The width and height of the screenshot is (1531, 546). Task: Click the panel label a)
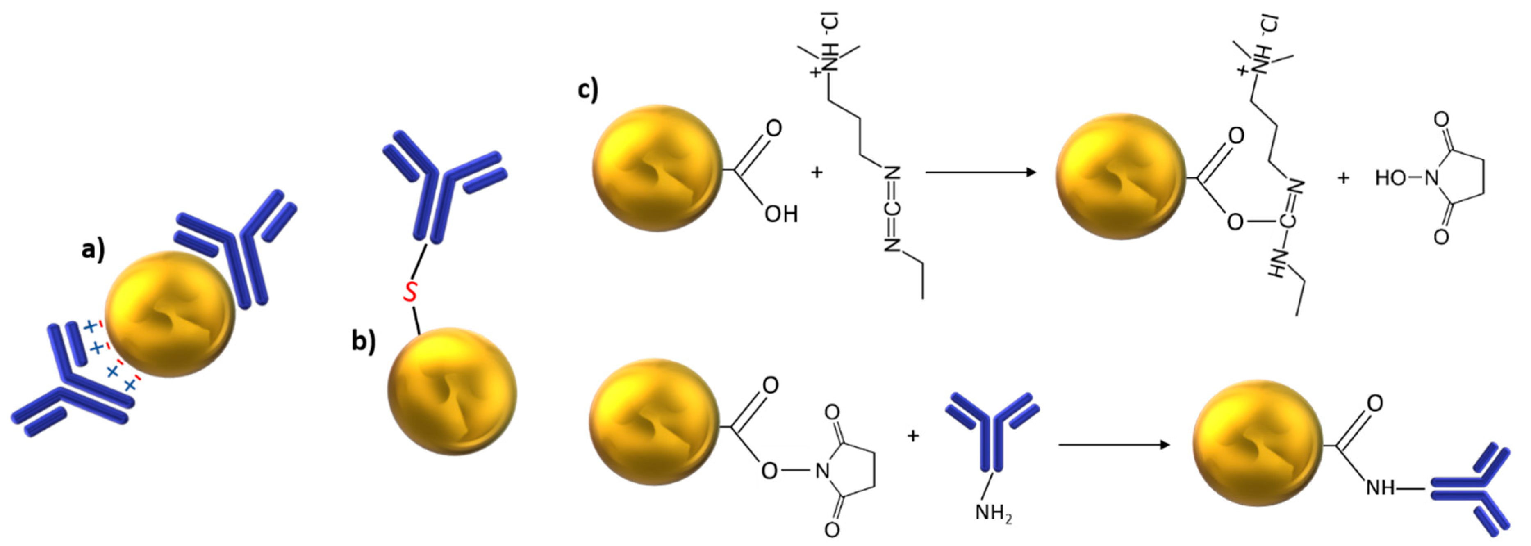[x=93, y=250]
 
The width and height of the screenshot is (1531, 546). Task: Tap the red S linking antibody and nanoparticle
[x=410, y=292]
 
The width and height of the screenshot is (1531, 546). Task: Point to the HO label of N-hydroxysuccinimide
[x=1391, y=177]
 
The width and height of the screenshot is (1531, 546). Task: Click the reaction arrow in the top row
[x=980, y=172]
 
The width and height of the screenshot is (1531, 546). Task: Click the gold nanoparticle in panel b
[x=452, y=391]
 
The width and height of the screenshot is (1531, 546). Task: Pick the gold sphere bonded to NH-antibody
[x=1258, y=443]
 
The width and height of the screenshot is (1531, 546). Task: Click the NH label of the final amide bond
[x=1380, y=488]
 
